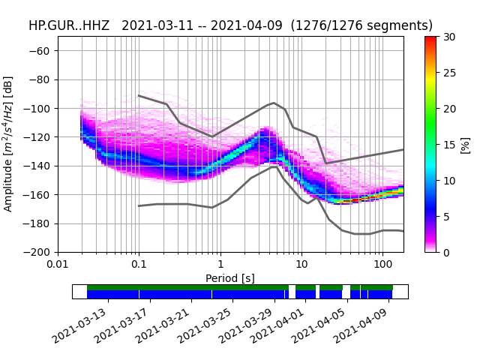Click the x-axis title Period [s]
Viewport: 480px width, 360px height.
230,278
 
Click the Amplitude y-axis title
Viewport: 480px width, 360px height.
8,144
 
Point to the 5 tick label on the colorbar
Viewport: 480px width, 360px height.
446,216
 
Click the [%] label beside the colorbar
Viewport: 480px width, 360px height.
465,144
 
